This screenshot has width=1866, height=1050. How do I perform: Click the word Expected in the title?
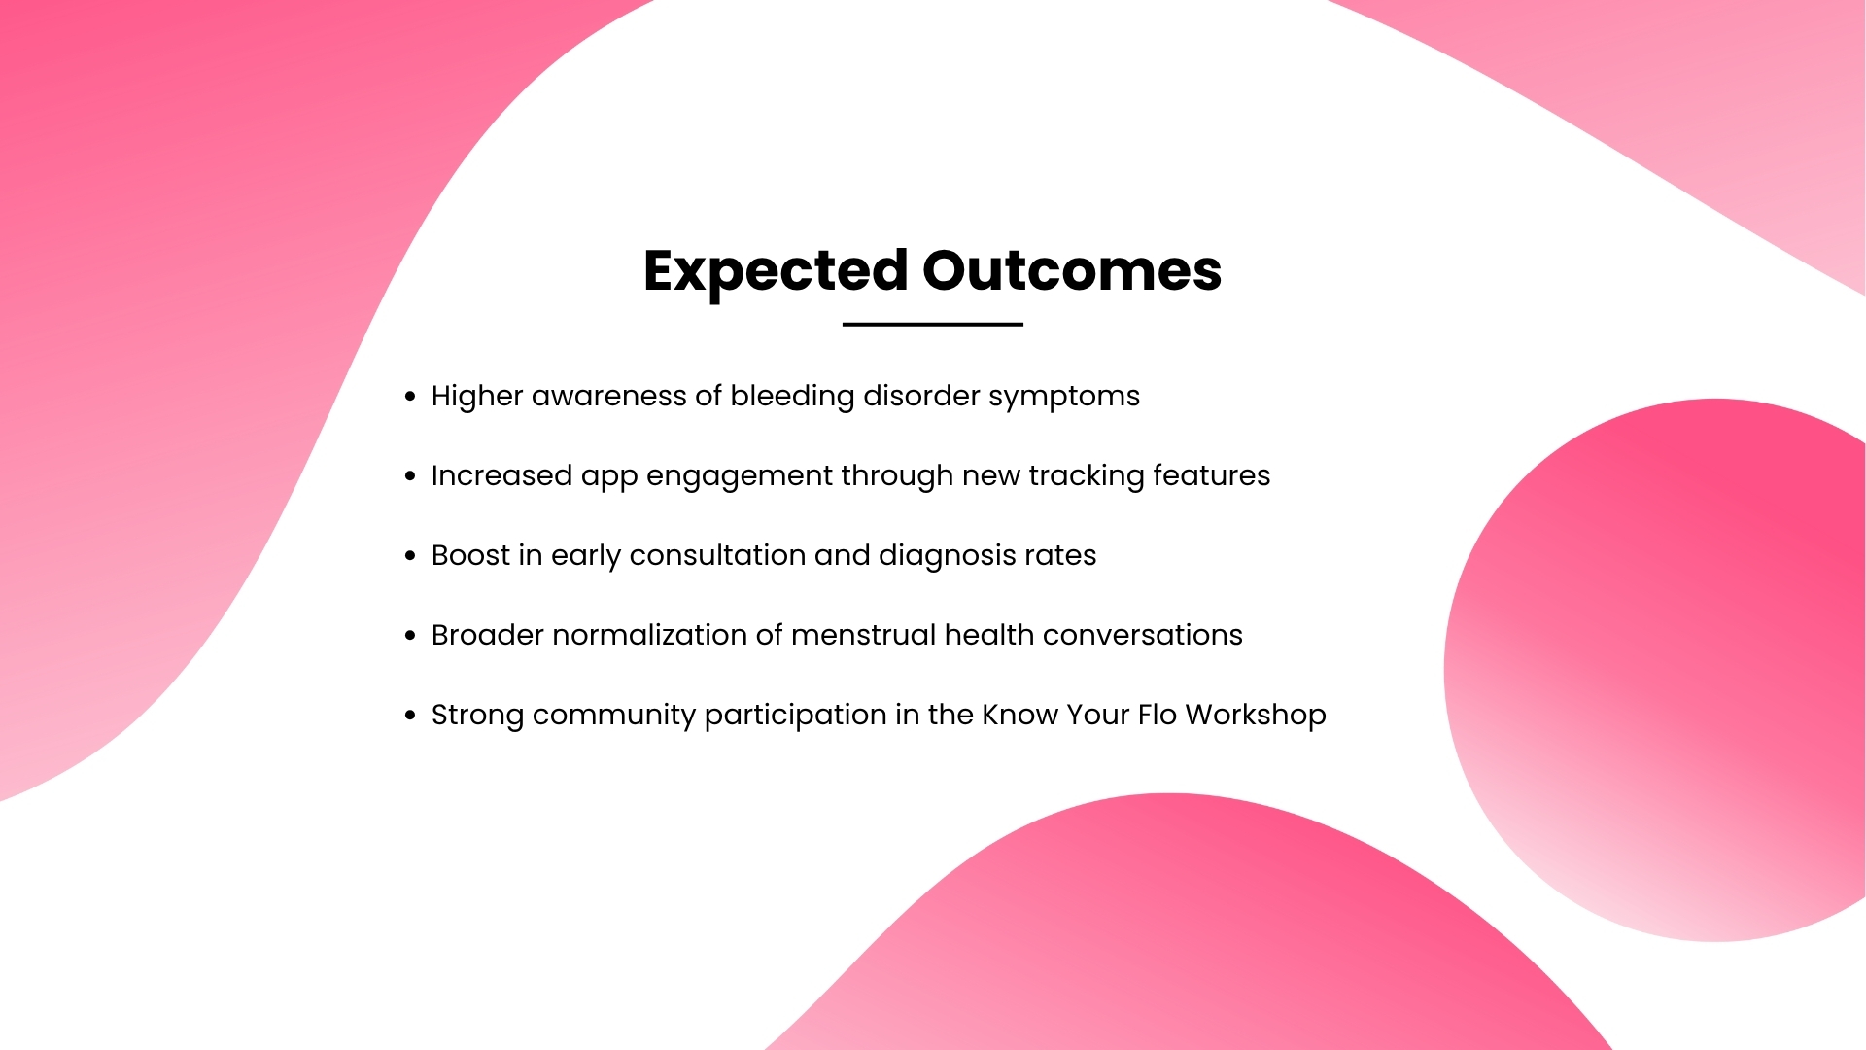click(776, 271)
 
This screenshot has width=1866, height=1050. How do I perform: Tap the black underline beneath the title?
click(933, 324)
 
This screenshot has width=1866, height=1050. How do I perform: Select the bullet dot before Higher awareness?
click(410, 396)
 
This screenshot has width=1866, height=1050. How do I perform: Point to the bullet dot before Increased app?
click(410, 475)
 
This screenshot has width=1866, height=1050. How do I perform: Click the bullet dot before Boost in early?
click(410, 555)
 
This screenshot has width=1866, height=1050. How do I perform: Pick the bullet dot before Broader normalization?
click(410, 635)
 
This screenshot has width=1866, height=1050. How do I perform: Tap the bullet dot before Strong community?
click(410, 715)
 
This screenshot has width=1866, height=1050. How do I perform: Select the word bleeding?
click(792, 397)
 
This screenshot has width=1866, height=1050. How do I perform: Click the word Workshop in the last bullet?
click(1256, 716)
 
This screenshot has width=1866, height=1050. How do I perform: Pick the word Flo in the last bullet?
click(1158, 715)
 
